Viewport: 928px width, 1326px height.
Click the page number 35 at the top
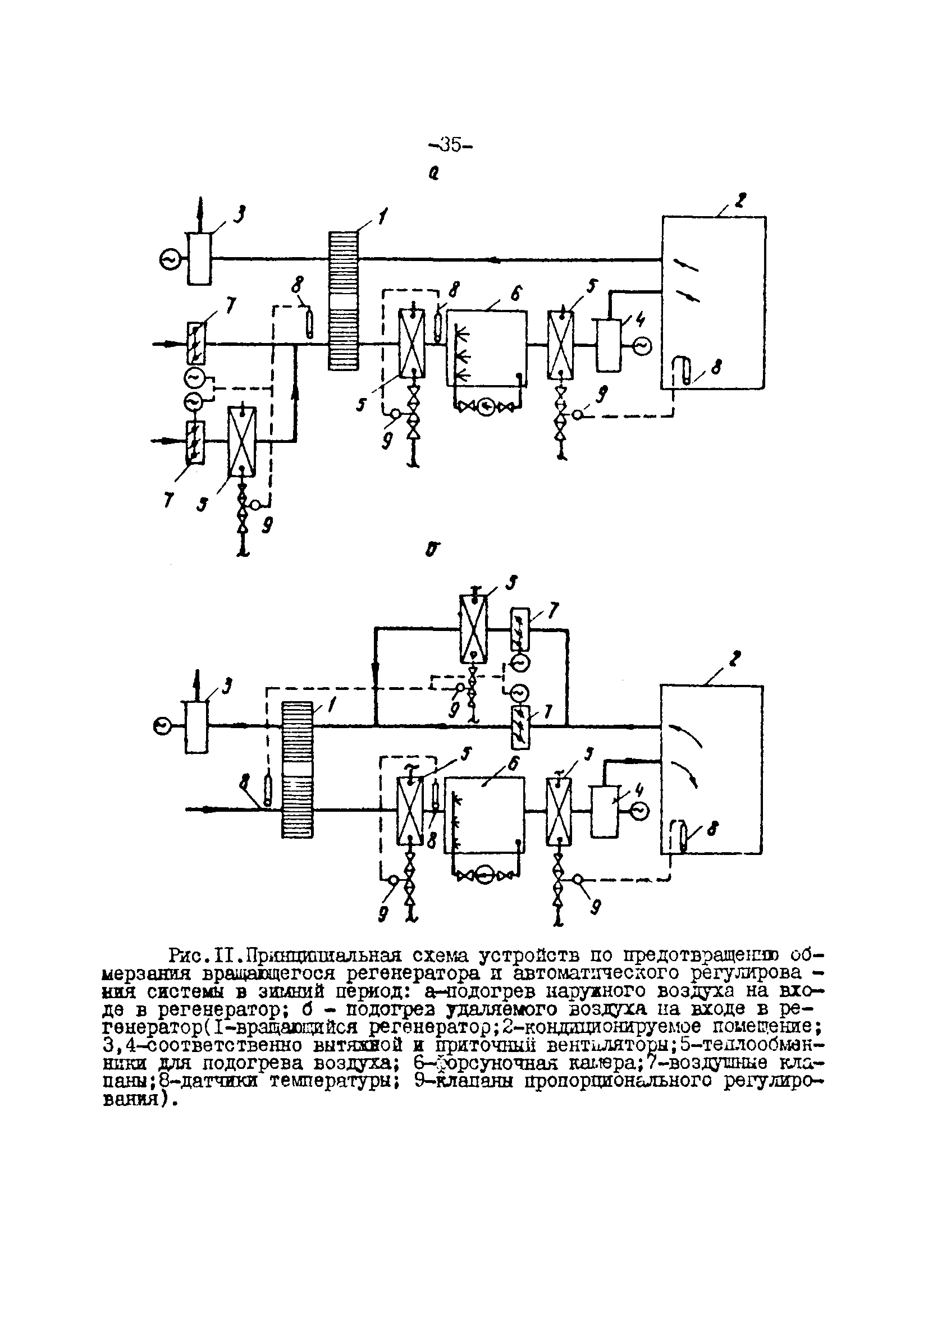click(x=451, y=144)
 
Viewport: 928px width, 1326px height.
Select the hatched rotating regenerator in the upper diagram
click(x=344, y=300)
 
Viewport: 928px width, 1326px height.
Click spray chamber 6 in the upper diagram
click(x=487, y=348)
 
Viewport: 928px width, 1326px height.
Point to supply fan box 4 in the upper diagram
click(x=609, y=345)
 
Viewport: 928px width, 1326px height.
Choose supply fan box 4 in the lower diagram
click(x=604, y=811)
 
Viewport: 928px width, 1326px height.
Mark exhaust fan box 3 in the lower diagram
click(x=196, y=727)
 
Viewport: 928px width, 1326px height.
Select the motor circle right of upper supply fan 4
click(x=642, y=345)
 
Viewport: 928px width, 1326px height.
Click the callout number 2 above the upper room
click(x=739, y=200)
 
